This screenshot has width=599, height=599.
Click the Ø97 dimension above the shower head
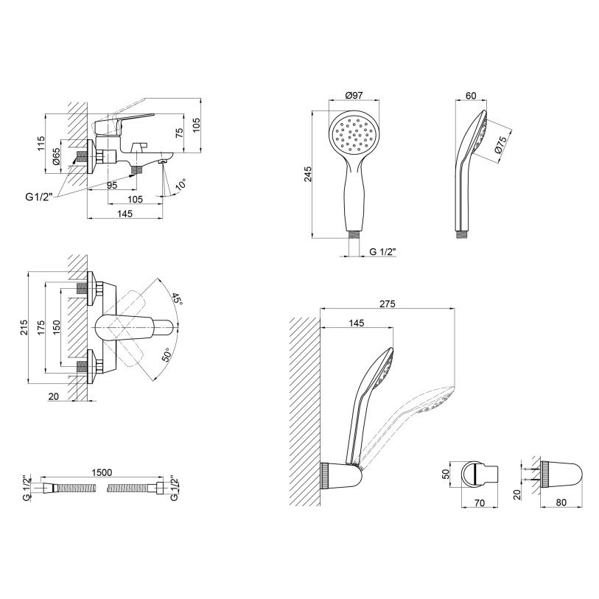coord(354,96)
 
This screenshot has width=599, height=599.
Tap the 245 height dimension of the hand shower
coord(308,174)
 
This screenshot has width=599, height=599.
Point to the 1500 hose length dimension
coord(102,472)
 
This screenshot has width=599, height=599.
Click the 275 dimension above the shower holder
coord(388,304)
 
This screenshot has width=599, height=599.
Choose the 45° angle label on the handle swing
coord(177,298)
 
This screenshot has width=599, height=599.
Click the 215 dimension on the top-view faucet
coord(24,327)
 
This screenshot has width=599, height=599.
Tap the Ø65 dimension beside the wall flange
coord(56,156)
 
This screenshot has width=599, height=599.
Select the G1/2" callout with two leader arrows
coord(39,197)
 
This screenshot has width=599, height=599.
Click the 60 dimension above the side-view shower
coord(471,96)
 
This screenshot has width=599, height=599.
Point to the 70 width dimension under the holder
coord(479,502)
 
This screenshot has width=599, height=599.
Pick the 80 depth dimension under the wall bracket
coord(561,502)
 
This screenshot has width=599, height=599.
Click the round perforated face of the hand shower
coord(354,136)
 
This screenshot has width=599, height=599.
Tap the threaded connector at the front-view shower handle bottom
coord(354,234)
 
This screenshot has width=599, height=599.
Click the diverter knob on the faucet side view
coord(139,147)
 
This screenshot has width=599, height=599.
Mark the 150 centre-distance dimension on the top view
coord(56,327)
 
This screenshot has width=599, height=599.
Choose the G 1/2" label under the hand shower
coord(383,252)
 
